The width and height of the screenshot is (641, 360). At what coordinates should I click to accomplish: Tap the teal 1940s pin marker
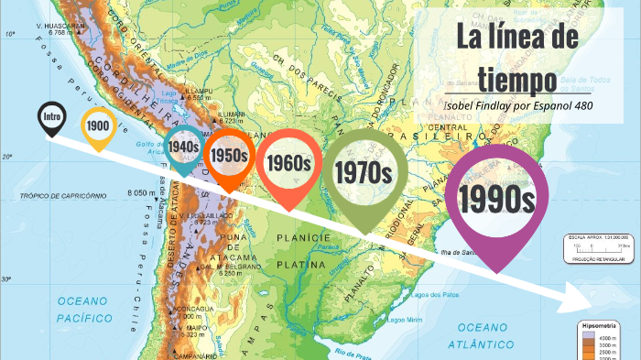184,146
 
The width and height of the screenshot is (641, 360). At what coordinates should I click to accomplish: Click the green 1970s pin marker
364,171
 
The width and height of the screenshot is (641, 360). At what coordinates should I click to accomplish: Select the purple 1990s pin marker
497,197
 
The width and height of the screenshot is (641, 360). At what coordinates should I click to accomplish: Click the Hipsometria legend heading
600,325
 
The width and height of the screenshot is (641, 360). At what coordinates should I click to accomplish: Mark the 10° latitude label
11,34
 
